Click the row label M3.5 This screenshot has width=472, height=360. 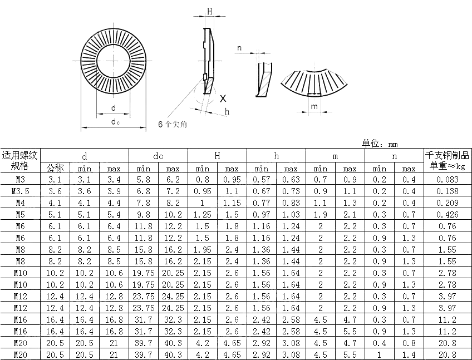pyautogui.click(x=20, y=191)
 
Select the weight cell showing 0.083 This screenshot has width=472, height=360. pyautogui.click(x=448, y=179)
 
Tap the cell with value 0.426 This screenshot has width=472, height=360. pyautogui.click(x=448, y=214)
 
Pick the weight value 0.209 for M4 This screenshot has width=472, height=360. pyautogui.click(x=448, y=203)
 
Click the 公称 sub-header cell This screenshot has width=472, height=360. pyautogui.click(x=55, y=168)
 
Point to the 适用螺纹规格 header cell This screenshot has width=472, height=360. pyautogui.click(x=20, y=160)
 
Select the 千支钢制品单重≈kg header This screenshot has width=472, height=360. pyautogui.click(x=448, y=160)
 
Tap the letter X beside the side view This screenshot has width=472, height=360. pyautogui.click(x=223, y=98)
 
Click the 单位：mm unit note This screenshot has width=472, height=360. pyautogui.click(x=380, y=143)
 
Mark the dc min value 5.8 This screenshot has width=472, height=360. pyautogui.click(x=144, y=179)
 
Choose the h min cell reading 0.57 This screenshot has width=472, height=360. pyautogui.click(x=261, y=179)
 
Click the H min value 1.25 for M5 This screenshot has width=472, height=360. pyautogui.click(x=203, y=214)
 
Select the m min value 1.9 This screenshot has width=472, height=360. pyautogui.click(x=320, y=214)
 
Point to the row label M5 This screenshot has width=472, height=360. pyautogui.click(x=20, y=214)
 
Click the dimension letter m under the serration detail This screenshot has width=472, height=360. pyautogui.click(x=314, y=106)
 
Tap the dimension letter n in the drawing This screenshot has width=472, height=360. pyautogui.click(x=239, y=48)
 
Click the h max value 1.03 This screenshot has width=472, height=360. pyautogui.click(x=291, y=214)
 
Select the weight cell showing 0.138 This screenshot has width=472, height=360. pyautogui.click(x=448, y=191)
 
